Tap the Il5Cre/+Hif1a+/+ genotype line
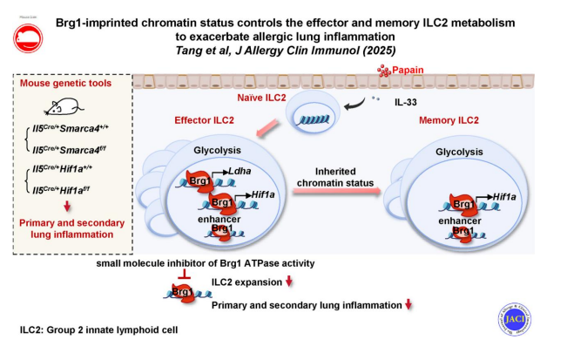point(70,172)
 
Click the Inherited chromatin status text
point(335,180)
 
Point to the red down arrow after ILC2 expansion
point(289,282)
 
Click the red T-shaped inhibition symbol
point(183,276)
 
